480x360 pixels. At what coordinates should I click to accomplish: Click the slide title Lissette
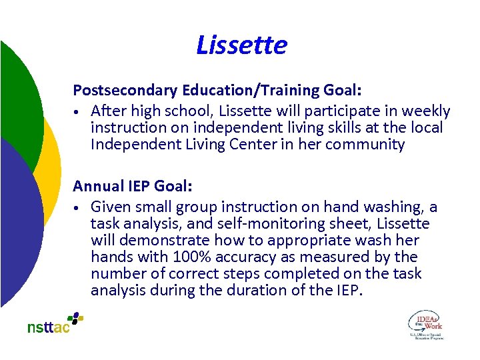pos(241,45)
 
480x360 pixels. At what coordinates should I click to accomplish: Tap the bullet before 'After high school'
pos(78,111)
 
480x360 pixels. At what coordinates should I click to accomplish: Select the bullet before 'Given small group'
pos(78,207)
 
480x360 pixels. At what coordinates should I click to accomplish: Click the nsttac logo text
pos(48,327)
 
